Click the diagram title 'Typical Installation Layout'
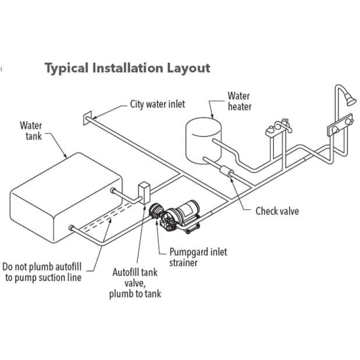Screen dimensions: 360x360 click(127, 68)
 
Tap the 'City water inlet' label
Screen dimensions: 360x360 click(157, 104)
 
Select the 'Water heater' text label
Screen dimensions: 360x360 click(239, 101)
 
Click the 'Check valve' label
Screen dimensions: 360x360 click(277, 211)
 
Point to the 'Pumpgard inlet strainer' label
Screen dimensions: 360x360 click(198, 257)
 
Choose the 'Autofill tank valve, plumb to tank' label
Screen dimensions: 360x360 click(136, 283)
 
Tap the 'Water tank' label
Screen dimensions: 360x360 click(31, 131)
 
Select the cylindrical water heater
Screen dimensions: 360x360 click(204, 141)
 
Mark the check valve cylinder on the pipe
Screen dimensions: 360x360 click(227, 172)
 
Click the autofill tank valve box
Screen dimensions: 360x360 click(144, 193)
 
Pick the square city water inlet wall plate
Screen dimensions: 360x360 click(87, 118)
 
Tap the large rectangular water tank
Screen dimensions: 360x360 click(66, 198)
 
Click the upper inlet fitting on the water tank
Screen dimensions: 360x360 click(113, 190)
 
